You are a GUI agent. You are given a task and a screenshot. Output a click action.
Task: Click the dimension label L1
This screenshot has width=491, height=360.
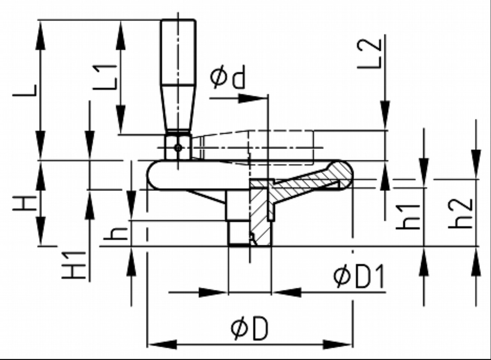[x=105, y=77]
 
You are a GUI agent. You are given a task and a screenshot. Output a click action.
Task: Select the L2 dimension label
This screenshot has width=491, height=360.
[x=370, y=54]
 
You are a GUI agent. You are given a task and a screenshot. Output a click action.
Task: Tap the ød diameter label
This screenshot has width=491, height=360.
[x=227, y=77]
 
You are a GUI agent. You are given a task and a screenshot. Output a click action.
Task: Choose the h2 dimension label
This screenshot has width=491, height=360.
[x=459, y=214]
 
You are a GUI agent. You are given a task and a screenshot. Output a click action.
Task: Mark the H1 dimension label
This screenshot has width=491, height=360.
[x=74, y=265]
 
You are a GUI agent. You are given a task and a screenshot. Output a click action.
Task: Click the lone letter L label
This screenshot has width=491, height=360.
[x=24, y=90]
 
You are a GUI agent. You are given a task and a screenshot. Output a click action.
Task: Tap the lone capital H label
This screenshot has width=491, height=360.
[x=24, y=203]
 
